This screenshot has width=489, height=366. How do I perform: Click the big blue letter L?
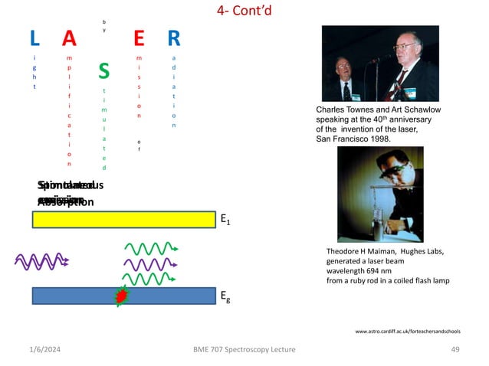(34, 38)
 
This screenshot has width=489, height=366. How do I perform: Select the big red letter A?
(70, 38)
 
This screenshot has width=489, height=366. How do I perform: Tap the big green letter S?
(104, 72)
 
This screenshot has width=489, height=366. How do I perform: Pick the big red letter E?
(139, 38)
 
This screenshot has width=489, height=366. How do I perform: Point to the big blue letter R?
(174, 38)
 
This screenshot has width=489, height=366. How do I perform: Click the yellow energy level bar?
(123, 220)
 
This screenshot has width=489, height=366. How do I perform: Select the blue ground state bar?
(123, 296)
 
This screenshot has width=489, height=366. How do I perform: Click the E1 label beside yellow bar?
(226, 220)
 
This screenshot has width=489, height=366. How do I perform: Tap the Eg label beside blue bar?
(226, 296)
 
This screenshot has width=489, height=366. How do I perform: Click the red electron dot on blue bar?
(121, 296)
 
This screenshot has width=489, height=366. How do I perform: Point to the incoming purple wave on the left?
(41, 260)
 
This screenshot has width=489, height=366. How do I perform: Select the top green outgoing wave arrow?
(151, 248)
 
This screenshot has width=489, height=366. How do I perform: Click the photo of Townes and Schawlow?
(379, 64)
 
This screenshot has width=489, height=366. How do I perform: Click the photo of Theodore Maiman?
(379, 194)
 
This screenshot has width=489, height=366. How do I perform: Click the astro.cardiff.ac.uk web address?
(407, 332)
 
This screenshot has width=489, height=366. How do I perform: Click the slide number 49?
(455, 349)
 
